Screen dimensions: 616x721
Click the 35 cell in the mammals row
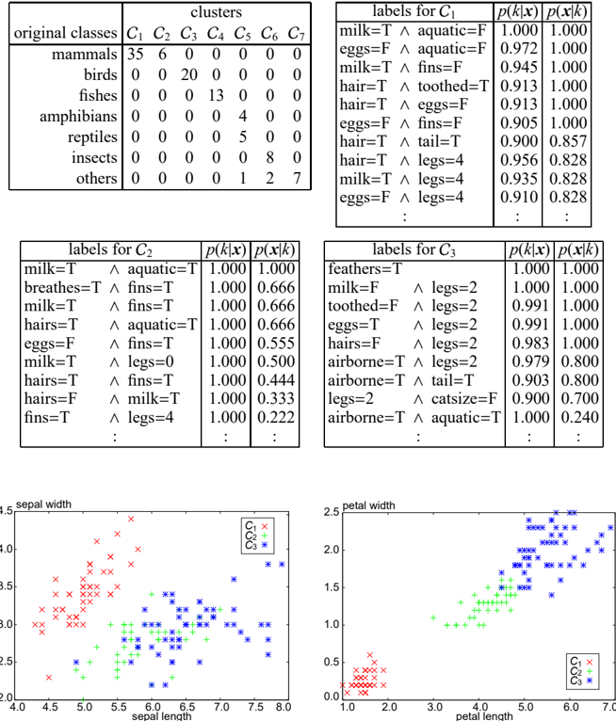click(x=136, y=55)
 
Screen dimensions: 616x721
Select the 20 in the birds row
click(x=189, y=74)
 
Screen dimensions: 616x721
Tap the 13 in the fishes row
click(x=216, y=95)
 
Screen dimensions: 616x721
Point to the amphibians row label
click(x=78, y=117)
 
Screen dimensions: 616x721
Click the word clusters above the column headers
click(x=217, y=12)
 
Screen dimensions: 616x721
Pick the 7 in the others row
click(x=298, y=178)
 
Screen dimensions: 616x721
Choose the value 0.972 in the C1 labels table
click(x=519, y=48)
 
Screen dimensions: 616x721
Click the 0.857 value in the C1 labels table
click(x=568, y=141)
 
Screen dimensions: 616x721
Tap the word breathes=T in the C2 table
click(x=62, y=287)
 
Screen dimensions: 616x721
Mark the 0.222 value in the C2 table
click(x=276, y=417)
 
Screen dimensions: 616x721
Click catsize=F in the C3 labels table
click(x=464, y=399)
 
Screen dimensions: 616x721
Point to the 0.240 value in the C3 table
click(x=579, y=417)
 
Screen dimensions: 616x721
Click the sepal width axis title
click(x=43, y=505)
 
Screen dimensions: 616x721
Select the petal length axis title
click(x=484, y=716)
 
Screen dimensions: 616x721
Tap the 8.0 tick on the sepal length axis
click(x=283, y=706)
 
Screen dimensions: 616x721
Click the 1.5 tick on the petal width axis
click(x=332, y=587)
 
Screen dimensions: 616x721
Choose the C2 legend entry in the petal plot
click(x=581, y=671)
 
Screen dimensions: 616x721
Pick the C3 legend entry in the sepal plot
click(x=256, y=545)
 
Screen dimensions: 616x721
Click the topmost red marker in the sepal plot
click(x=131, y=520)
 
